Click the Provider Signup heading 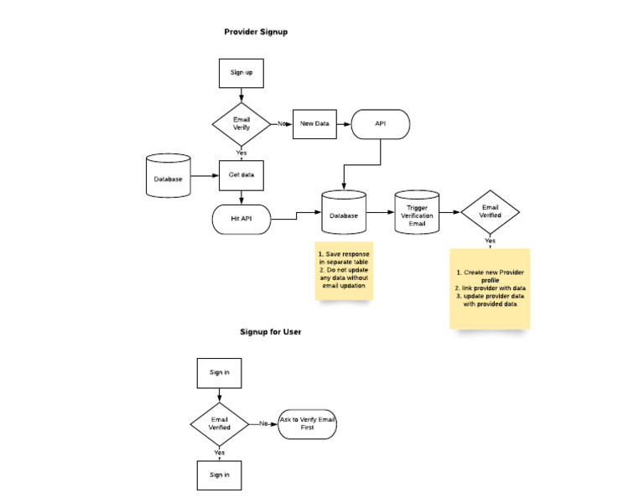pyautogui.click(x=257, y=32)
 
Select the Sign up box pyautogui.click(x=241, y=73)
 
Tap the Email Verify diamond pyautogui.click(x=241, y=125)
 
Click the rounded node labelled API pyautogui.click(x=380, y=125)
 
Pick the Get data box pyautogui.click(x=241, y=175)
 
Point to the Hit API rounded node pyautogui.click(x=241, y=218)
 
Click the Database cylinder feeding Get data pyautogui.click(x=169, y=179)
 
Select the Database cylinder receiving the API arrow pyautogui.click(x=343, y=214)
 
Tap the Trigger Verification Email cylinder pyautogui.click(x=417, y=214)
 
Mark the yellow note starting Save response pyautogui.click(x=343, y=269)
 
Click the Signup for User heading pyautogui.click(x=271, y=332)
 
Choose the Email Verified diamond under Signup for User pyautogui.click(x=219, y=423)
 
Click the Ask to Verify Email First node pyautogui.click(x=307, y=423)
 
